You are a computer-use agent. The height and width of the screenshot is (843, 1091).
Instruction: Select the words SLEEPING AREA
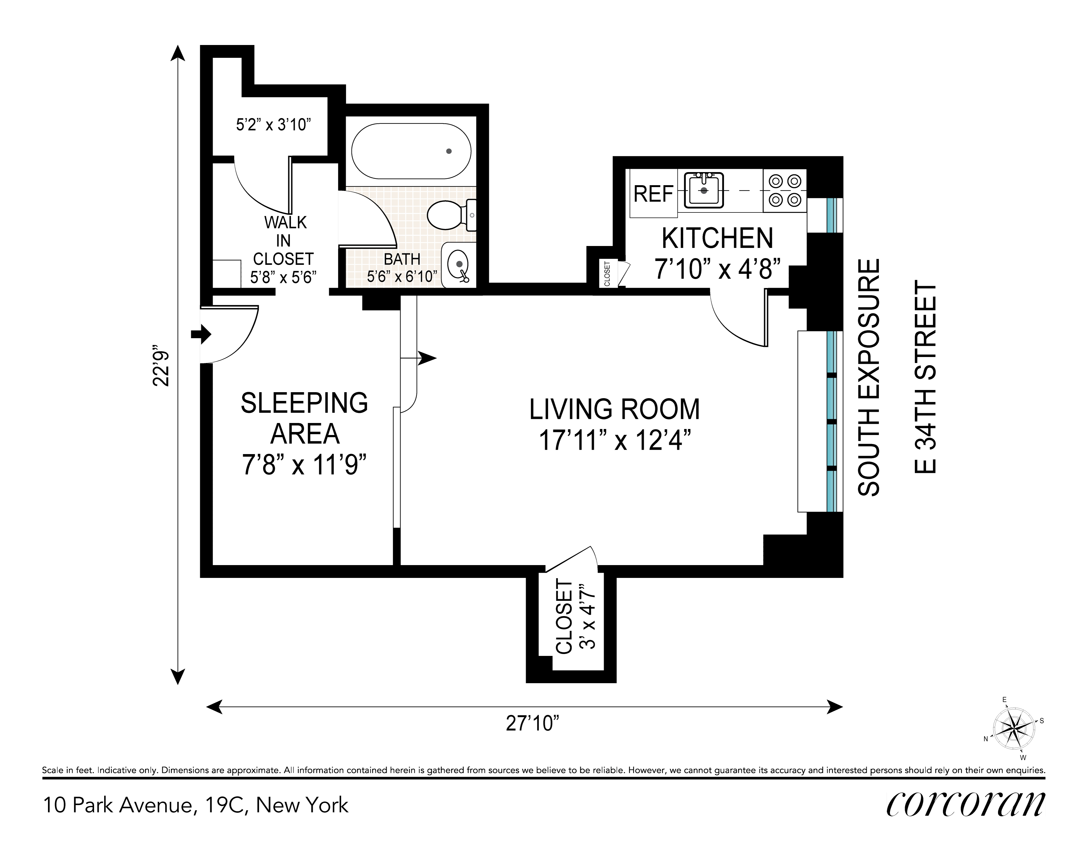coord(305,418)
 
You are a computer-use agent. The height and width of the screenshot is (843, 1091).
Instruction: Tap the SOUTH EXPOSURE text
coord(868,377)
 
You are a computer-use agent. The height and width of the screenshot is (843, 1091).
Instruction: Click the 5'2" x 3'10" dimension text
coord(274,124)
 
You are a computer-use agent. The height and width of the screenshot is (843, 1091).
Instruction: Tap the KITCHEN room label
coord(717,238)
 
